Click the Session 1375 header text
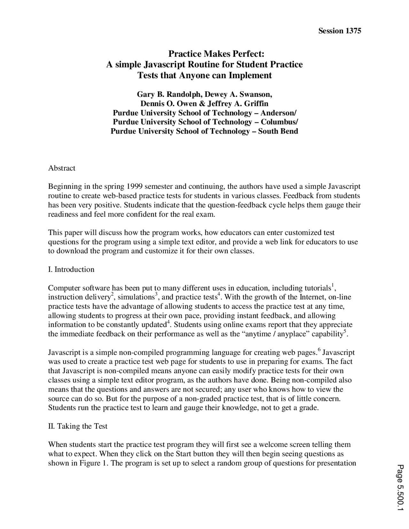coord(340,31)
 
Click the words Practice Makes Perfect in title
coord(216,53)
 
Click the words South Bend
coord(278,131)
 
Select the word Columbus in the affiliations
coord(279,122)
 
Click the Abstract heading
coord(62,168)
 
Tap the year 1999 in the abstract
coord(135,186)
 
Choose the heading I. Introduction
coord(71,269)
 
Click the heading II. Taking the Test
coord(78,426)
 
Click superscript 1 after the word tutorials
coord(333,285)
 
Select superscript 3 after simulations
coord(156,294)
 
